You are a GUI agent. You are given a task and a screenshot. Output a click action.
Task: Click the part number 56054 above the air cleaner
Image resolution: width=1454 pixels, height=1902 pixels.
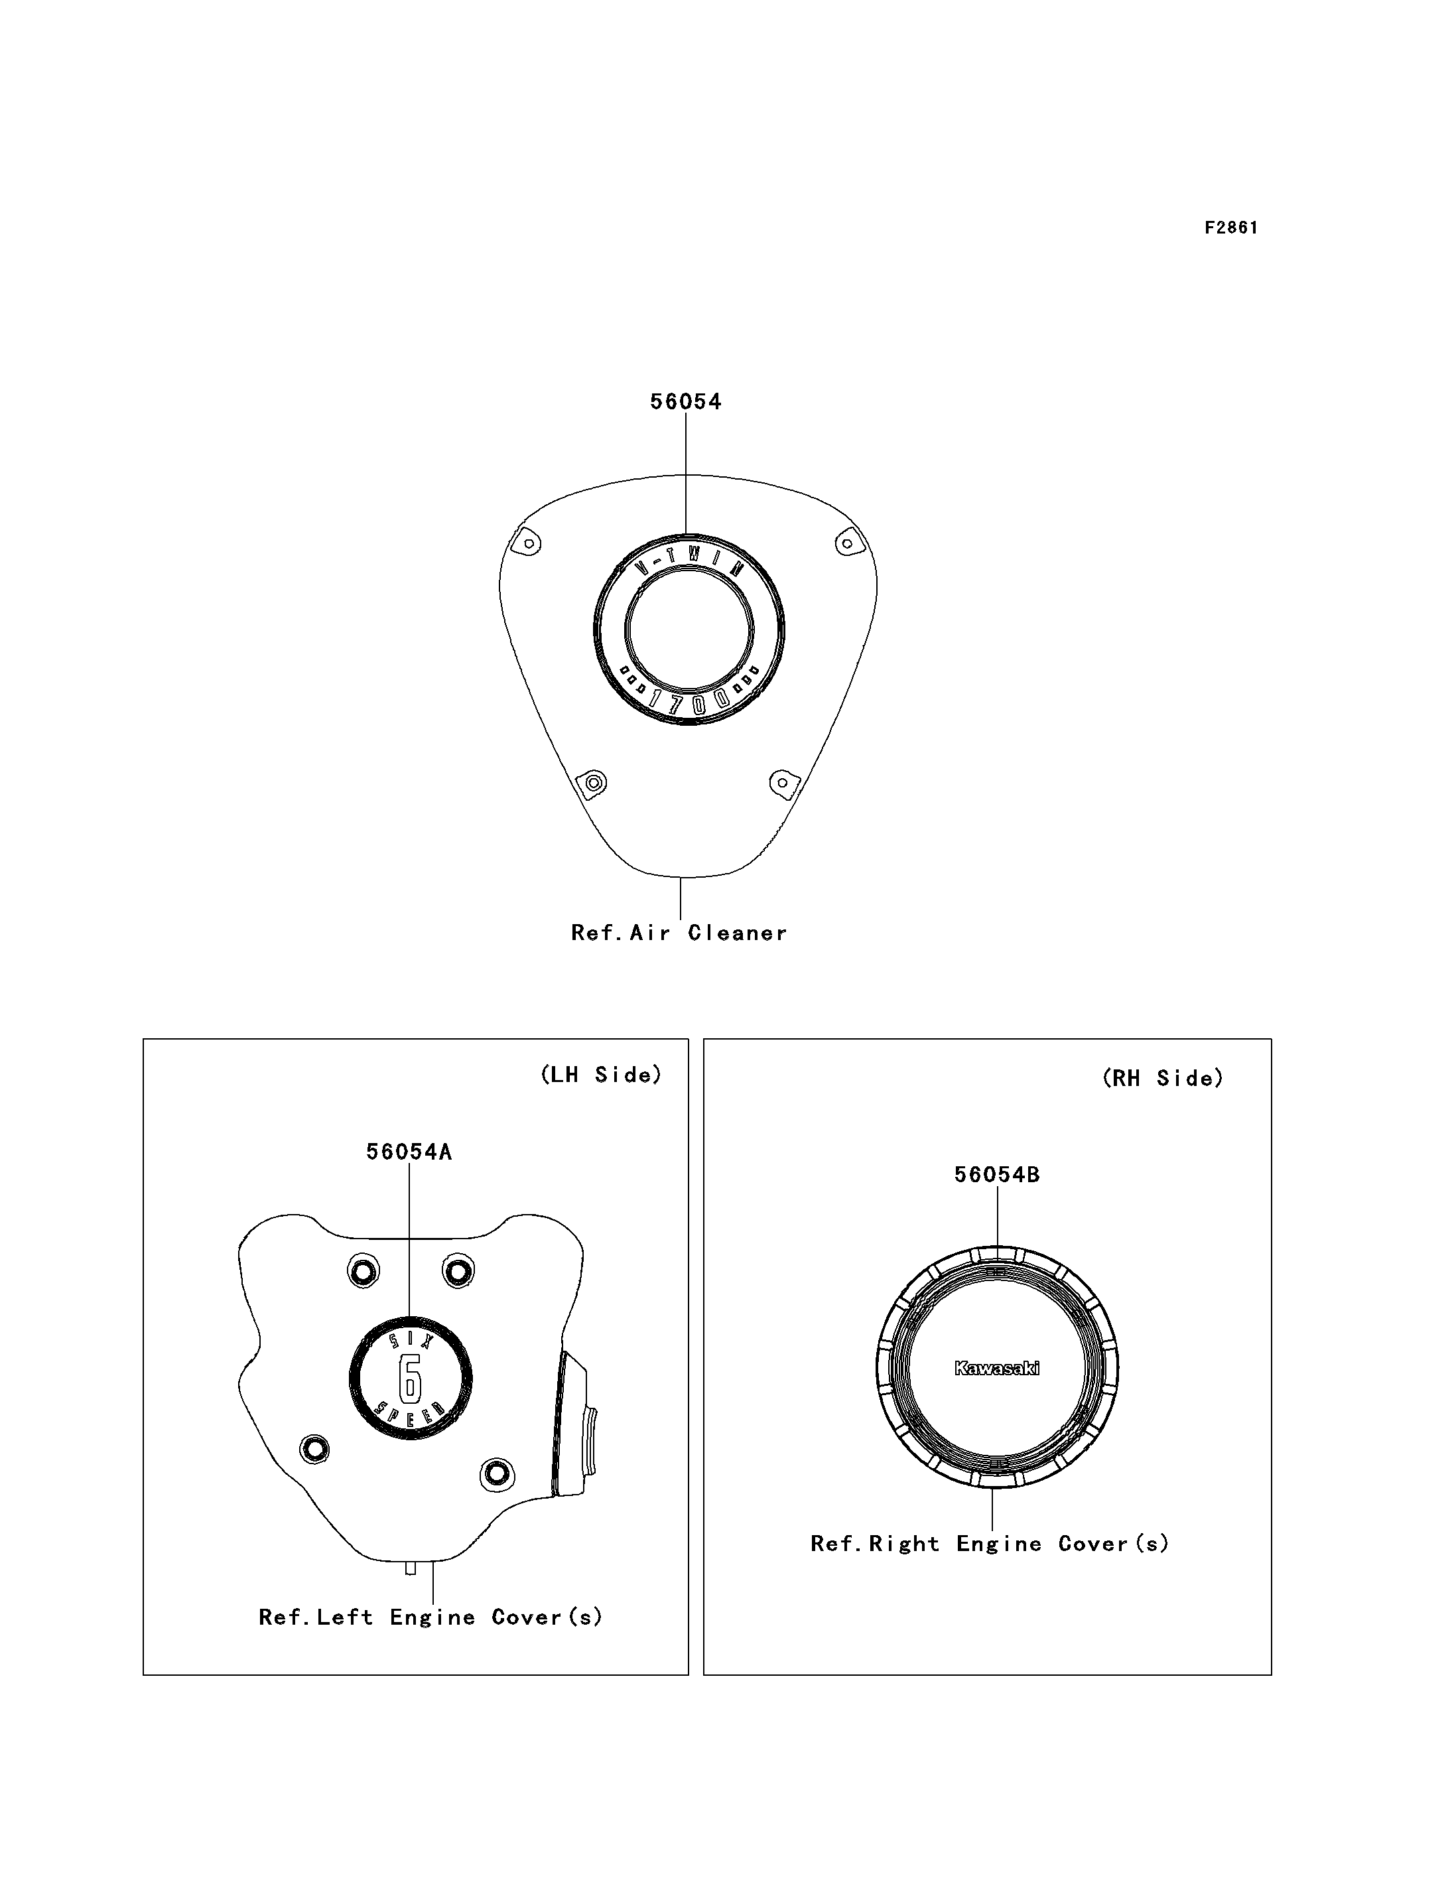[685, 402]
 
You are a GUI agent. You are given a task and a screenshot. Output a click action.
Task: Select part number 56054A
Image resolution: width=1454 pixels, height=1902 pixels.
[409, 1152]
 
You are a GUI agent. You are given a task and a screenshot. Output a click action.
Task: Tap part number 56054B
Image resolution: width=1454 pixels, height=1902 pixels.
[997, 1175]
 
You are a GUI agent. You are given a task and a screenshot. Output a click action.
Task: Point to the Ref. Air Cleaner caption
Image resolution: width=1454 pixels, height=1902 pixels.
[679, 933]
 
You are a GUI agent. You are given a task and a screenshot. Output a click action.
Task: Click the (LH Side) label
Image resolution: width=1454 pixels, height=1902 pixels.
[602, 1075]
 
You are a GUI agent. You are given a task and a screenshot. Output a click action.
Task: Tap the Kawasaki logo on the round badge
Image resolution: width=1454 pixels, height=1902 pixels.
[997, 1368]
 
